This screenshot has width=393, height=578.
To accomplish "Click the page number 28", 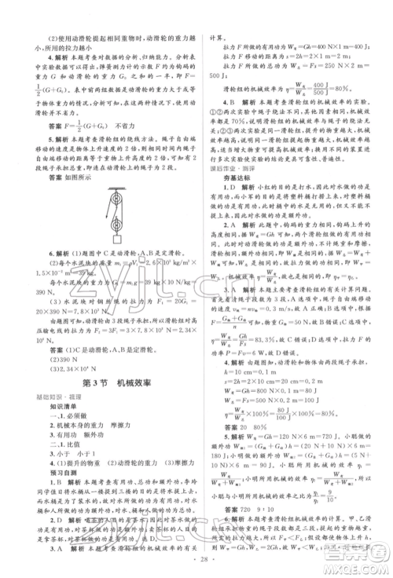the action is (x=196, y=564).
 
